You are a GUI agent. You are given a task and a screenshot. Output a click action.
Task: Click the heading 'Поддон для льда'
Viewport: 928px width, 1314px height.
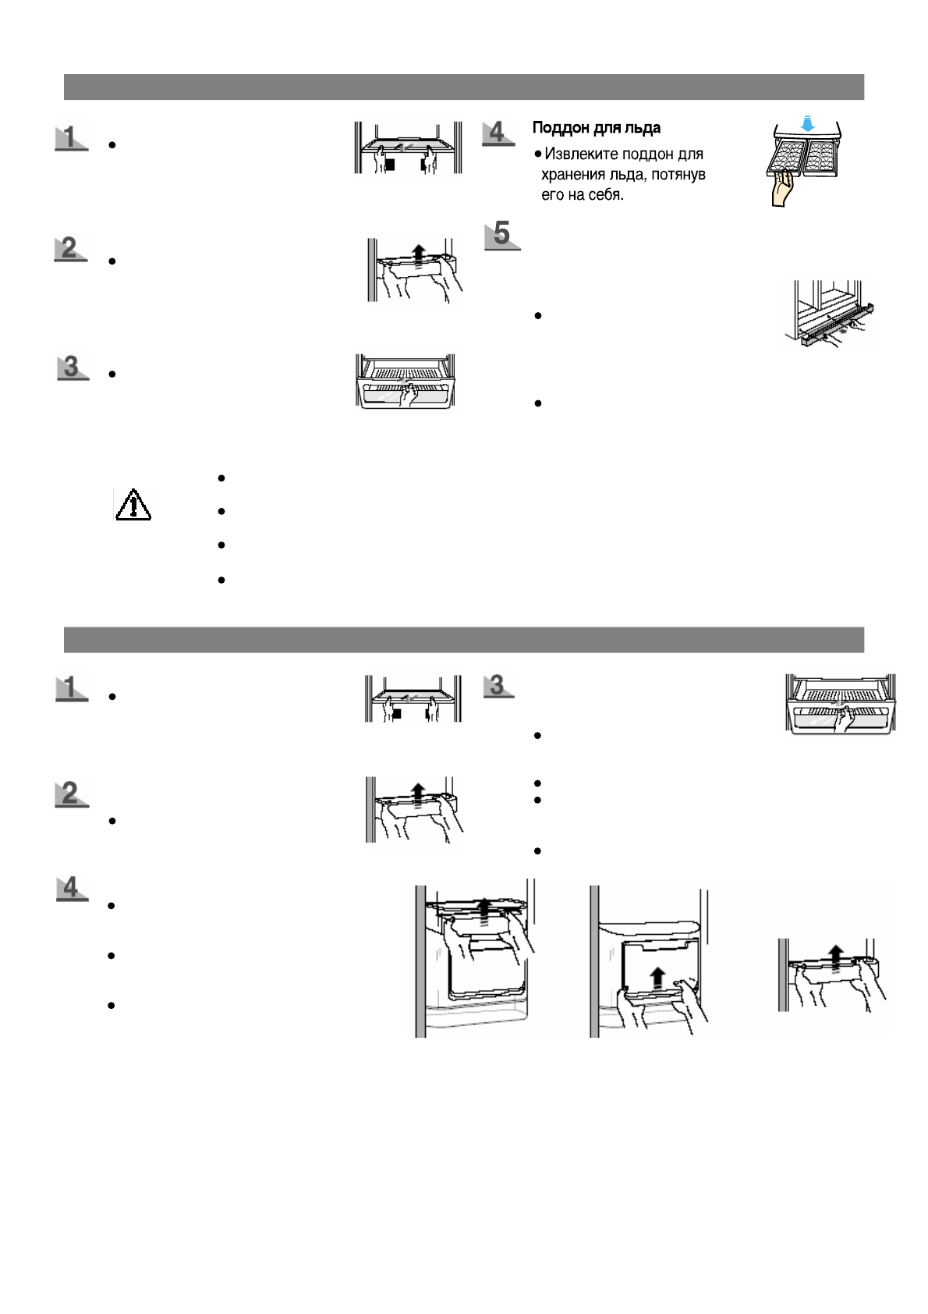pyautogui.click(x=596, y=128)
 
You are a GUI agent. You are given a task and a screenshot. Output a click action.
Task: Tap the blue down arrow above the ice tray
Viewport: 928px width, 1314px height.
pyautogui.click(x=808, y=124)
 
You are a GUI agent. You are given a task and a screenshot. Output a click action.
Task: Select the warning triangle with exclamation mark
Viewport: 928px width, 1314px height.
pyautogui.click(x=133, y=505)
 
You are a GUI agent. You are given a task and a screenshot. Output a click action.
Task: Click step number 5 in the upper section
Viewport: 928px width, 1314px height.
pyautogui.click(x=501, y=234)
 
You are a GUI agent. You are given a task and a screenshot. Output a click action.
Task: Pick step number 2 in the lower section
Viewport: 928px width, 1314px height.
pyautogui.click(x=71, y=794)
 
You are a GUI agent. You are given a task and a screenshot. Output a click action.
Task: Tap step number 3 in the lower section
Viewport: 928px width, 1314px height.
pyautogui.click(x=498, y=685)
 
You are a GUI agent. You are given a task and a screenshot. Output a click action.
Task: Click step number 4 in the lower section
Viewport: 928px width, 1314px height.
pyautogui.click(x=71, y=887)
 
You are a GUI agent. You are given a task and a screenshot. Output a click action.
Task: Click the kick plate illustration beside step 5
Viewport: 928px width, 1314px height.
pyautogui.click(x=829, y=315)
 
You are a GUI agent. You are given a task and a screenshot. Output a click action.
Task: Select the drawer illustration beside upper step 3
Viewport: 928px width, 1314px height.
pyautogui.click(x=406, y=383)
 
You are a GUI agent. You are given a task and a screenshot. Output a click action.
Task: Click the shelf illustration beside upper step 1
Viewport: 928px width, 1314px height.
pyautogui.click(x=406, y=148)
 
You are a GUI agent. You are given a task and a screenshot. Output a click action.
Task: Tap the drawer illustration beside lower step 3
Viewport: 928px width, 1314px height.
pyautogui.click(x=840, y=704)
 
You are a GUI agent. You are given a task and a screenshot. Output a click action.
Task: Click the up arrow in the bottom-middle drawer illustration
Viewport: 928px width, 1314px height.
pyautogui.click(x=657, y=978)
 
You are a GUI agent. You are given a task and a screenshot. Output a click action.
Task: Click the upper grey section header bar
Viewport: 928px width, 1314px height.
pyautogui.click(x=463, y=87)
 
